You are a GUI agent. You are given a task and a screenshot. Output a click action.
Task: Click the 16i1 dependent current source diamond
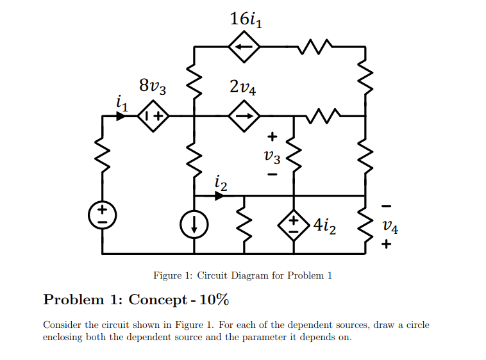click(x=244, y=47)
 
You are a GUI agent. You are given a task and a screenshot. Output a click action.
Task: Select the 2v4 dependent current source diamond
click(x=244, y=117)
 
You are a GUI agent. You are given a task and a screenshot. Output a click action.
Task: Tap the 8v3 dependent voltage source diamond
click(x=153, y=117)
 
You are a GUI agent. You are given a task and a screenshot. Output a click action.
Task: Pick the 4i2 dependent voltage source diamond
click(x=294, y=225)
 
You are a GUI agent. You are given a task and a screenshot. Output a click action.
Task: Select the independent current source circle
click(x=194, y=225)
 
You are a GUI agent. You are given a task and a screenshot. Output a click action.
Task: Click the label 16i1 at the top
click(x=246, y=19)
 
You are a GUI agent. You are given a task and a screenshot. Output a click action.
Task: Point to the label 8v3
click(x=153, y=85)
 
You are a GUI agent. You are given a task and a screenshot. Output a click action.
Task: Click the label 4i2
click(x=324, y=225)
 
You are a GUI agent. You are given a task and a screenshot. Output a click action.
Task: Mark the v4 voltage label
click(x=389, y=225)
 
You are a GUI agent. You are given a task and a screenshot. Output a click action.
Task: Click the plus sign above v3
click(x=272, y=136)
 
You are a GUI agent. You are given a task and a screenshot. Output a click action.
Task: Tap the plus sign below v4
click(x=386, y=244)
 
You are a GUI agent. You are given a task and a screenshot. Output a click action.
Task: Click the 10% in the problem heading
click(x=214, y=300)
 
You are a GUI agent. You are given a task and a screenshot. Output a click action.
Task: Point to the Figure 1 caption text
click(x=243, y=275)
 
